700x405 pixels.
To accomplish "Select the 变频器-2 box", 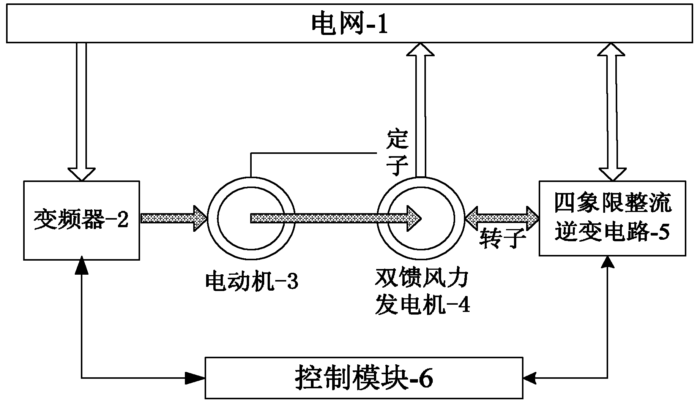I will [81, 220].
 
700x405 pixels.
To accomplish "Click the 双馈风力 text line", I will [422, 280].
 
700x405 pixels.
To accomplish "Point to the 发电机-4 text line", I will [422, 304].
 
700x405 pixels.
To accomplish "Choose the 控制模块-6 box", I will [364, 378].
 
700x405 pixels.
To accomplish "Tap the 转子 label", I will [502, 239].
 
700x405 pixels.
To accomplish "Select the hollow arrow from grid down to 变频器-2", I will [82, 110].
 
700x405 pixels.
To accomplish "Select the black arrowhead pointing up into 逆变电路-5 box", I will [609, 262].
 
